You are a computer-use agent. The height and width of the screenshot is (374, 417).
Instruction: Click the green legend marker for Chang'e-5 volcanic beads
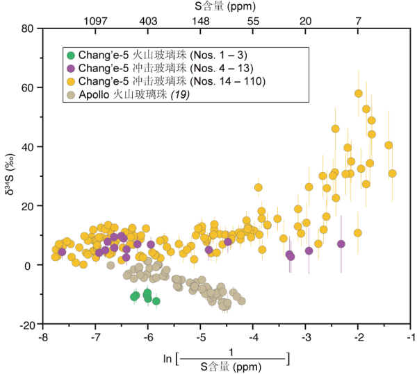pyautogui.click(x=70, y=55)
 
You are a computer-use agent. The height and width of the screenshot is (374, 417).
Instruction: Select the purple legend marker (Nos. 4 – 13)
pyautogui.click(x=70, y=68)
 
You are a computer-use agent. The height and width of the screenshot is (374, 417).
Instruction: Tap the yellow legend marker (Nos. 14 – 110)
pyautogui.click(x=70, y=82)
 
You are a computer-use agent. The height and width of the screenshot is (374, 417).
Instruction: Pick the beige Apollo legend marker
pyautogui.click(x=70, y=95)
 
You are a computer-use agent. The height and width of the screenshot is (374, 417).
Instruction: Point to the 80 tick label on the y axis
pyautogui.click(x=28, y=28)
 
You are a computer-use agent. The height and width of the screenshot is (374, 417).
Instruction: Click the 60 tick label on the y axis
pyautogui.click(x=28, y=87)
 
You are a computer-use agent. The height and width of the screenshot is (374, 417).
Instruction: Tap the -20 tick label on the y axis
pyautogui.click(x=26, y=325)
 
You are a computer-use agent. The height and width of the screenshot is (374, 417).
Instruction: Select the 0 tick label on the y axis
pyautogui.click(x=31, y=266)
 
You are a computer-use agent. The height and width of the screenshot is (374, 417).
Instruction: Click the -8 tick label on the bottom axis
pyautogui.click(x=42, y=337)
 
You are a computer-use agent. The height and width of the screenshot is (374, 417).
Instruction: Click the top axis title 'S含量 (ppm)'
pyautogui.click(x=226, y=7)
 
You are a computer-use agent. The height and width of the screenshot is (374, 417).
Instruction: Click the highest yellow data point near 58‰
pyautogui.click(x=359, y=94)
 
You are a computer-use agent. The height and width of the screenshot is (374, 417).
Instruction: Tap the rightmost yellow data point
pyautogui.click(x=393, y=173)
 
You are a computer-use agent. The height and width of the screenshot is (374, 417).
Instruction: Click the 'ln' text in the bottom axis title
pyautogui.click(x=167, y=359)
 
